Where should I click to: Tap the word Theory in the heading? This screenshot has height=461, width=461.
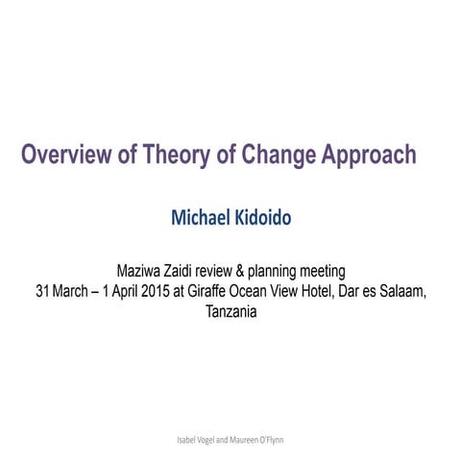177,155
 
